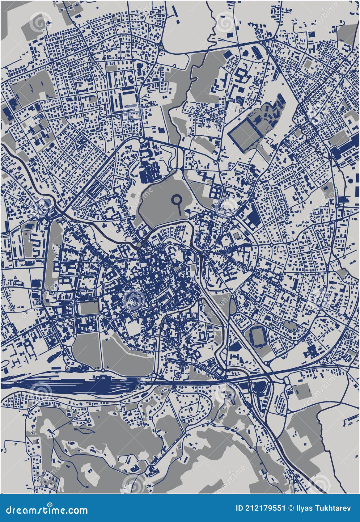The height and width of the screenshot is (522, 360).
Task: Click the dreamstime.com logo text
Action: (45, 510)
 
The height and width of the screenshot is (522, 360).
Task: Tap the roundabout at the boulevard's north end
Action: (142, 140)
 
